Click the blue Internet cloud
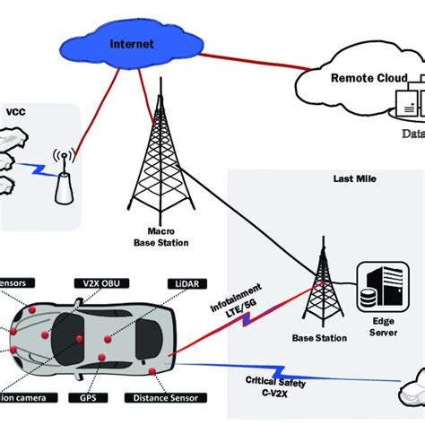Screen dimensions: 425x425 click(x=133, y=43)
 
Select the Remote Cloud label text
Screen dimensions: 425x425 click(x=367, y=78)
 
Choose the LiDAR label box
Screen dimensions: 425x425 click(x=176, y=282)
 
